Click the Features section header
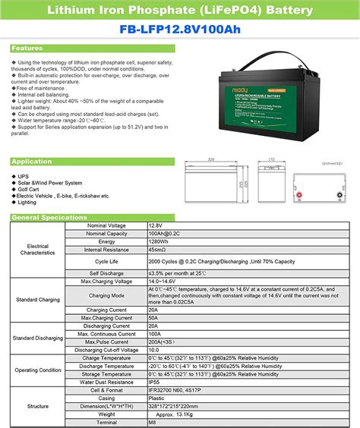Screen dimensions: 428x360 point(28,48)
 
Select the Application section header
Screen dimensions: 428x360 point(32,162)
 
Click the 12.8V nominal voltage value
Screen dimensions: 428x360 point(156,225)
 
